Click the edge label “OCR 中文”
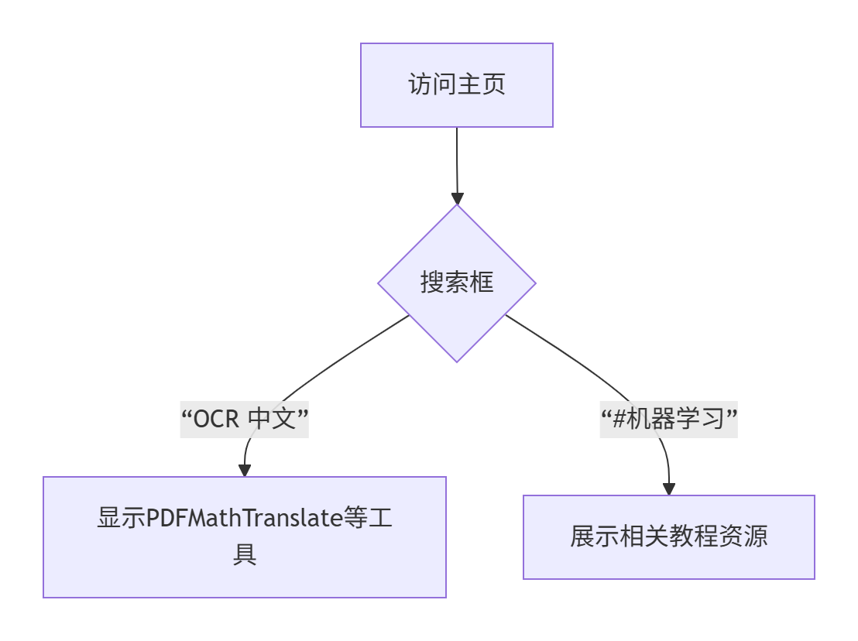(x=245, y=420)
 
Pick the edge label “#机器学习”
(x=668, y=420)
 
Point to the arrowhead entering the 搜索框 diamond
(x=457, y=197)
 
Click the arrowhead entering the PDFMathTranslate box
(x=245, y=470)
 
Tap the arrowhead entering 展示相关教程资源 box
(x=668, y=488)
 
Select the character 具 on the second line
(x=245, y=555)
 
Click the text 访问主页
(x=456, y=84)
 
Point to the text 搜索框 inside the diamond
(x=456, y=283)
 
